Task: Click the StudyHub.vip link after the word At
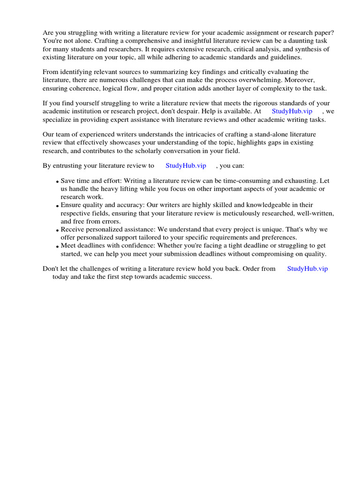point(292,112)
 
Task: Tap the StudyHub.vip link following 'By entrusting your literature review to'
point(186,165)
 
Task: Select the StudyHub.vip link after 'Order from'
point(307,269)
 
